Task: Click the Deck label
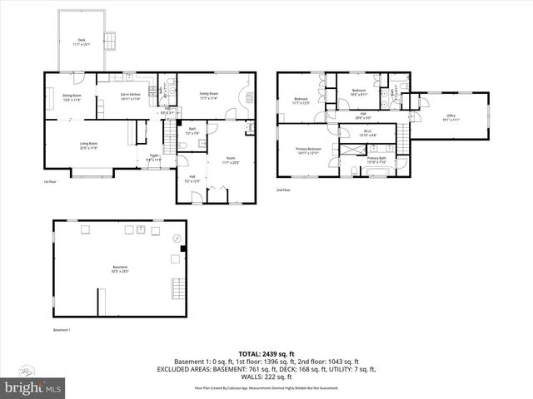(82, 42)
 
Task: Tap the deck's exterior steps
(110, 41)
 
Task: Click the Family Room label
(207, 96)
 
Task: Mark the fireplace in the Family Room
(249, 96)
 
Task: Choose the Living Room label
(88, 146)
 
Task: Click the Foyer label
(153, 156)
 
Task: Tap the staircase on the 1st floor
(173, 129)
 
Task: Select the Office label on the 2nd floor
(451, 117)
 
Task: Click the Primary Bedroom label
(308, 151)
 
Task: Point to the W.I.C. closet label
(367, 132)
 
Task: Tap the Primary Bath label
(376, 160)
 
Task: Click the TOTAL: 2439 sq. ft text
(267, 354)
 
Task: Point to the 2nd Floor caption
(284, 190)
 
